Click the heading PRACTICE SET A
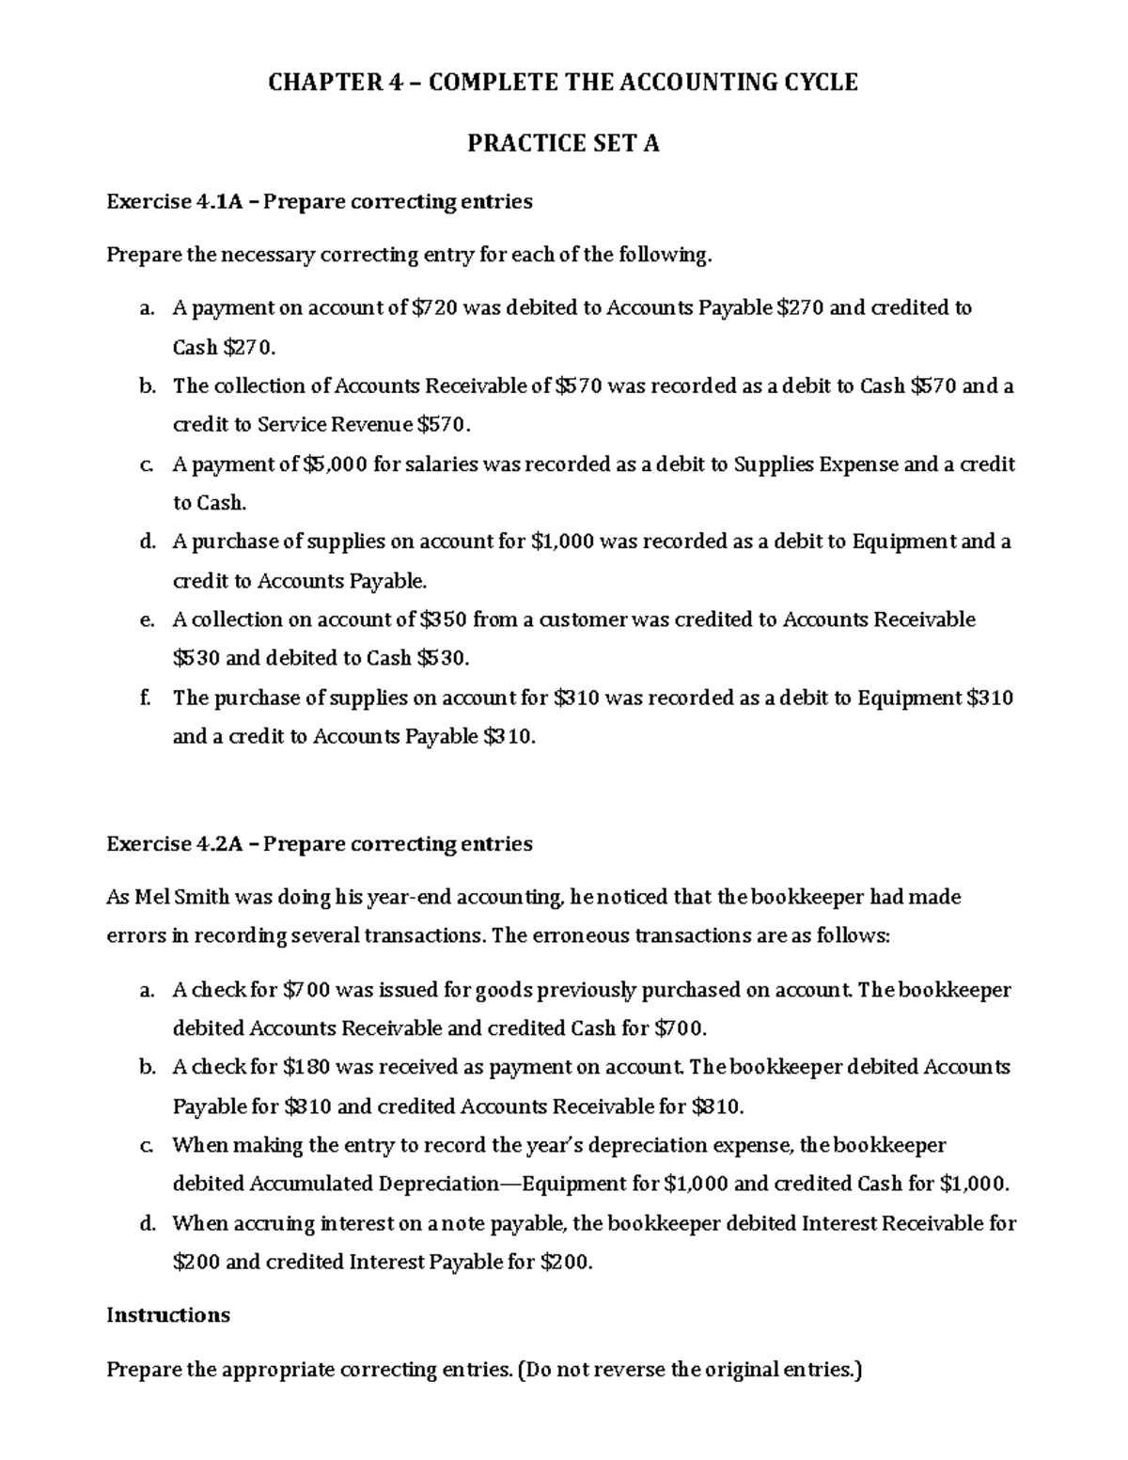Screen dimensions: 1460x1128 (x=563, y=143)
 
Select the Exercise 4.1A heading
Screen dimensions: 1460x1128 (x=319, y=201)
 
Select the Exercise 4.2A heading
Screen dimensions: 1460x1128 (x=319, y=843)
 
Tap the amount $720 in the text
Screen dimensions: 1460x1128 (x=435, y=307)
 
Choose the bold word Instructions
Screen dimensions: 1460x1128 (x=168, y=1314)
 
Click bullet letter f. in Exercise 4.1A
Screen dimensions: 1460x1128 (x=144, y=698)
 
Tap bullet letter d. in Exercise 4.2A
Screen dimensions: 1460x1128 (x=146, y=1224)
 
